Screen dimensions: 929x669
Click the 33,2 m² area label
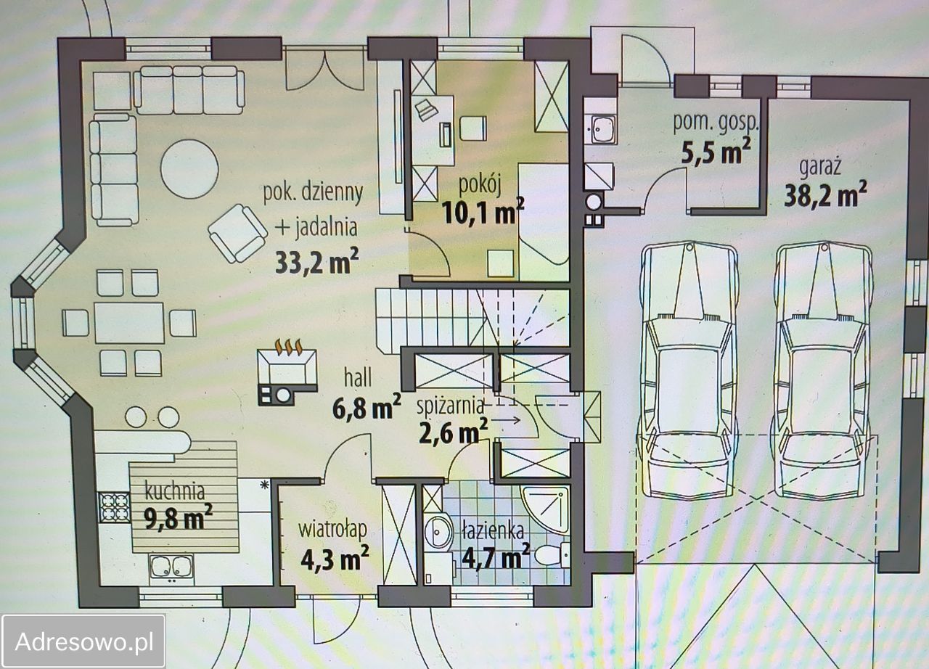pyautogui.click(x=316, y=261)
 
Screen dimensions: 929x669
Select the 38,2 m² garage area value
pyautogui.click(x=825, y=194)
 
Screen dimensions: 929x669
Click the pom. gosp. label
pyautogui.click(x=716, y=123)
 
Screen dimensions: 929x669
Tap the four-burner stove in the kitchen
pyautogui.click(x=114, y=507)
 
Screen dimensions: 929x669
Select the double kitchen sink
pyautogui.click(x=171, y=566)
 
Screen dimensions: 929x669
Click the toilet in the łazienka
pyautogui.click(x=552, y=554)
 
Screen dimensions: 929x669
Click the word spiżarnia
pyautogui.click(x=451, y=406)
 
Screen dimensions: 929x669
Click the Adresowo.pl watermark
pyautogui.click(x=84, y=641)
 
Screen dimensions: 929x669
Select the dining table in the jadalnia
pyautogui.click(x=129, y=323)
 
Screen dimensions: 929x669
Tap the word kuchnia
pyautogui.click(x=175, y=491)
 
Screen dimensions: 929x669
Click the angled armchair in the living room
pyautogui.click(x=237, y=233)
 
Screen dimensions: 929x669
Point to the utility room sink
pyautogui.click(x=600, y=129)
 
